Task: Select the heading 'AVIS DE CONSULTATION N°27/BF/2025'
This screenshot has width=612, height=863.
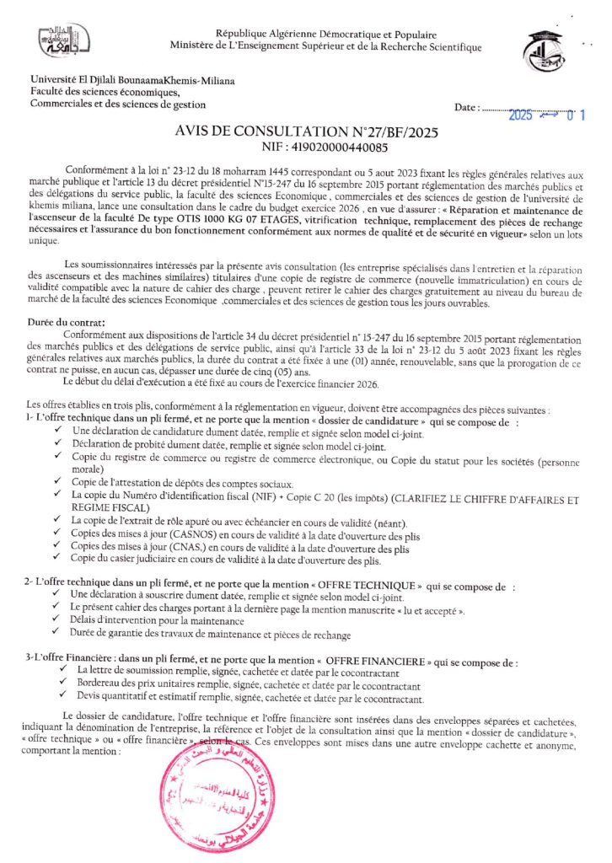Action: (305, 131)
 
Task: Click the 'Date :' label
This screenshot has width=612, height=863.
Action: (468, 109)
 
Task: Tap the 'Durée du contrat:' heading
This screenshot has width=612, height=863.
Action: (66, 322)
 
